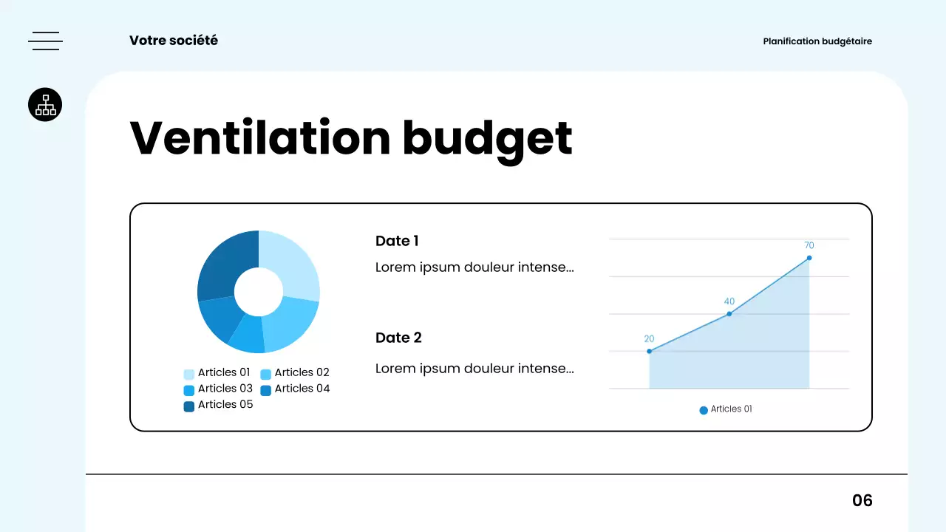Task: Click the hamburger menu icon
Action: coord(45,41)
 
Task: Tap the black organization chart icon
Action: coord(45,105)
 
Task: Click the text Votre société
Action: coord(174,41)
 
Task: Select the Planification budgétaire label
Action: coord(817,41)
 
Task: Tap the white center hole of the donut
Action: coord(259,291)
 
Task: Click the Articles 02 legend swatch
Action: coord(266,374)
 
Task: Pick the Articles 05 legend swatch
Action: coord(189,406)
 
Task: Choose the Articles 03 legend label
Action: coord(225,389)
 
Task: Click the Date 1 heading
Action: coord(397,241)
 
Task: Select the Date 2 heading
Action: coord(398,338)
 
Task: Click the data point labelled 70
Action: coord(809,258)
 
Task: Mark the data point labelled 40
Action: coord(729,314)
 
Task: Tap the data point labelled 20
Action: coord(650,351)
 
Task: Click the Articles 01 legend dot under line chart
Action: coord(704,410)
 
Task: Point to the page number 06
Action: coord(862,501)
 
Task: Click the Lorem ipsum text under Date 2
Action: coord(474,368)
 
